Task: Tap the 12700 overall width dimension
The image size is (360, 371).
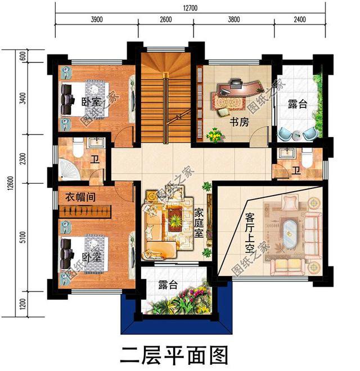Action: [x=191, y=7]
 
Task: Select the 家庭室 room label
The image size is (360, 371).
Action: [x=199, y=223]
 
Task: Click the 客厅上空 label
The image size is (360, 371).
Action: [x=251, y=233]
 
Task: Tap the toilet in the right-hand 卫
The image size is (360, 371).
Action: [x=306, y=159]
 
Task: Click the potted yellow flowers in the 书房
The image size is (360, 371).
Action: [x=214, y=135]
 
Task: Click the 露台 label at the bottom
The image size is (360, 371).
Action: [x=165, y=284]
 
